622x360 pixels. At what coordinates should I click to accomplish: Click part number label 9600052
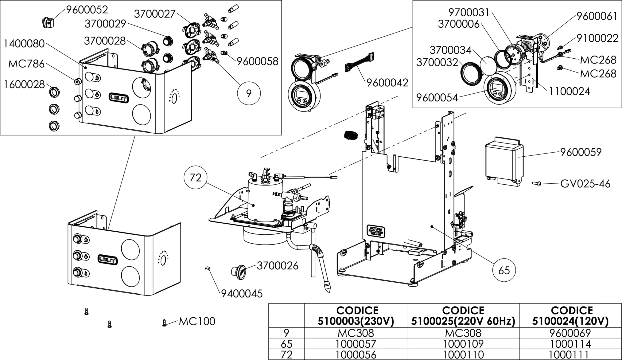point(87,10)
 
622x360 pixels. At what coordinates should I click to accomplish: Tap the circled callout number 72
point(195,178)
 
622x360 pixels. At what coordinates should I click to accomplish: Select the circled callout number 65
point(504,271)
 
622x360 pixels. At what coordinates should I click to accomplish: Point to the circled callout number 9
point(249,93)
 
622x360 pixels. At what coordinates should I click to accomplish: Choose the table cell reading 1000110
point(463,354)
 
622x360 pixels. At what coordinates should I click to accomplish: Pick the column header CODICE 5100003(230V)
point(356,316)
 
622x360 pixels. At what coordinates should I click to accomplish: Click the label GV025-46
point(585,184)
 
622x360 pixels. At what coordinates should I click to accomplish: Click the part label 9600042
point(387,83)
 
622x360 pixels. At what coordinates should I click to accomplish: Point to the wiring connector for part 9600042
point(359,63)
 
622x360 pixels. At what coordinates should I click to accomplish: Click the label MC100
point(197,321)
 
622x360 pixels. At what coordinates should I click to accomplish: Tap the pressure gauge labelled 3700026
point(238,272)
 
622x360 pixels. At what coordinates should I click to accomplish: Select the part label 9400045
point(242,294)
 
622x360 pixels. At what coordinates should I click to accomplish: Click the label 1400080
point(24,44)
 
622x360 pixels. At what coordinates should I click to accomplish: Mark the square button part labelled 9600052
point(48,23)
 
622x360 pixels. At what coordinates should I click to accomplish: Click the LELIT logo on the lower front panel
point(108,259)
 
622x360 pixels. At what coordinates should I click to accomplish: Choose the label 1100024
point(569,91)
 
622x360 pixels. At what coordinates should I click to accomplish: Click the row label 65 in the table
point(286,344)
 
